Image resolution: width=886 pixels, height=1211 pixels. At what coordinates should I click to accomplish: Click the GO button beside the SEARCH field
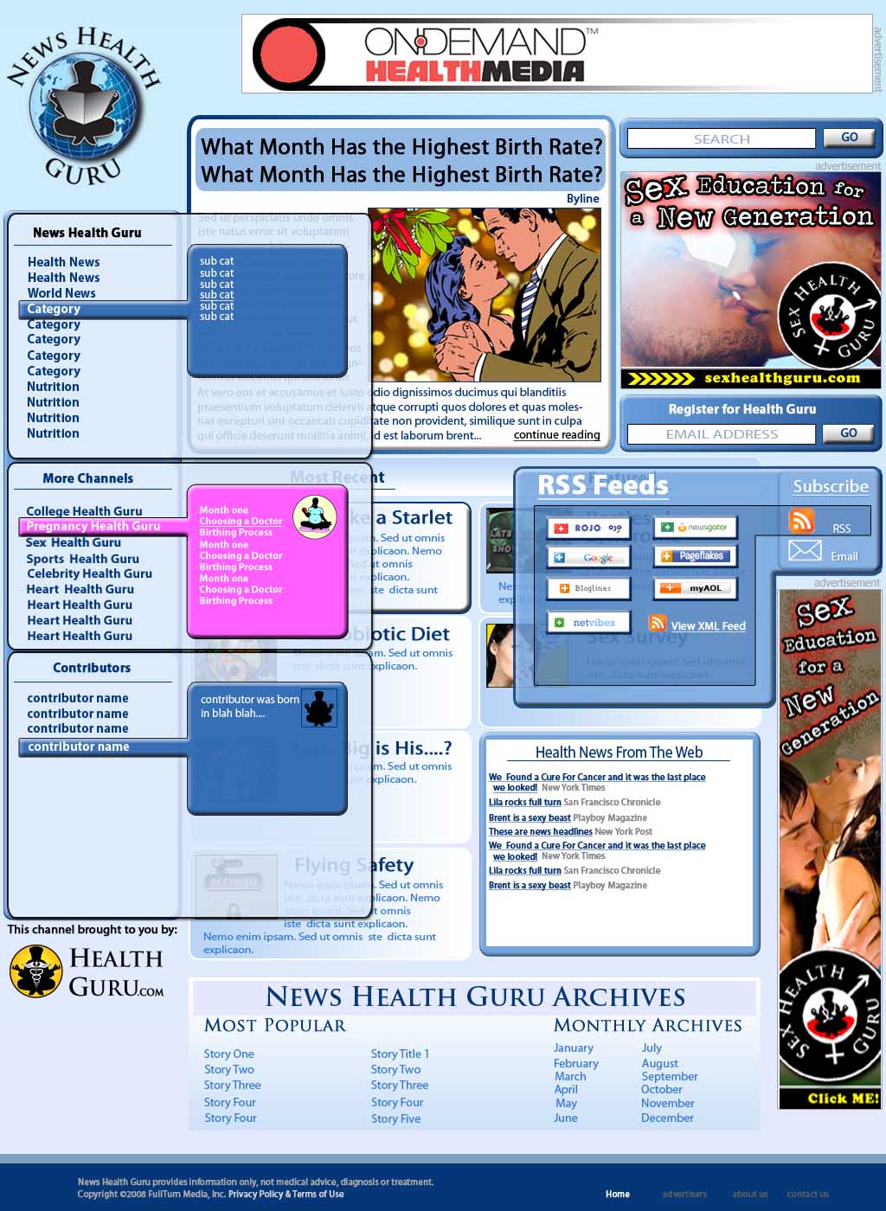click(848, 138)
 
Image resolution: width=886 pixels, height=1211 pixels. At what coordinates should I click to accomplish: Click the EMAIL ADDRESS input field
click(721, 434)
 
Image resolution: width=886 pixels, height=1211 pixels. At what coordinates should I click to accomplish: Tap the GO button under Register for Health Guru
click(848, 433)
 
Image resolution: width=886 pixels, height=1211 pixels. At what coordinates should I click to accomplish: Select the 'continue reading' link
click(556, 435)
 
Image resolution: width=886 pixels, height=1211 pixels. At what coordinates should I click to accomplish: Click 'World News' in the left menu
click(61, 293)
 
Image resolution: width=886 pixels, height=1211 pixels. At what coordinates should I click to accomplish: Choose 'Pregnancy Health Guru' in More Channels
click(93, 526)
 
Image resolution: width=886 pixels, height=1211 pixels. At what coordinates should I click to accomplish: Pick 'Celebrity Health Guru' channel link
click(89, 573)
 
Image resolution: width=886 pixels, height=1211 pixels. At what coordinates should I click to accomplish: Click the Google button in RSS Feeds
click(587, 558)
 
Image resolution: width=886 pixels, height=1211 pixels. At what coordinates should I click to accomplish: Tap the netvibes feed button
click(587, 623)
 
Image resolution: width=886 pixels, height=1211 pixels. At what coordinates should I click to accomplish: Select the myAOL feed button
click(696, 588)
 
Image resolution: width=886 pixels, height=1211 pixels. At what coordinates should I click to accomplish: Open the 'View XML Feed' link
click(708, 626)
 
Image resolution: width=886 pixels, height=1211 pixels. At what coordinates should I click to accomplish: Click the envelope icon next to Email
click(805, 550)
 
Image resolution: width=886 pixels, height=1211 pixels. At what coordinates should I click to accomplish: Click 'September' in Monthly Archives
click(669, 1076)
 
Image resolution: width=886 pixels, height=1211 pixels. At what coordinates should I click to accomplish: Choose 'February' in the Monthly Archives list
click(575, 1063)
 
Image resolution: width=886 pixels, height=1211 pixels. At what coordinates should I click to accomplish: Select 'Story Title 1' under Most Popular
click(400, 1054)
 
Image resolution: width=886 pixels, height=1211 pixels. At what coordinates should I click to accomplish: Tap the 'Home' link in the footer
click(617, 1194)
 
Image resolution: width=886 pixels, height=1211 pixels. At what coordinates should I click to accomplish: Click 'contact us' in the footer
click(807, 1194)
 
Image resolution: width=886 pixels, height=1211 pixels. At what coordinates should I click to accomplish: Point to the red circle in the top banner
click(291, 54)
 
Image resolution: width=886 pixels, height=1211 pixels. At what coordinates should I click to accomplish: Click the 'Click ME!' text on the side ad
click(842, 1098)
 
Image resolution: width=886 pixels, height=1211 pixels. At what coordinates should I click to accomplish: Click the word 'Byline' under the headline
click(582, 198)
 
